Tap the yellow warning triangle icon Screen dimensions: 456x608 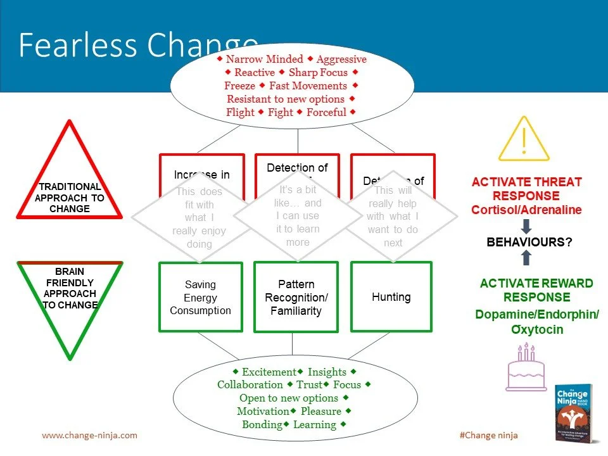[x=523, y=140]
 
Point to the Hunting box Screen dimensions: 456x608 [x=391, y=297]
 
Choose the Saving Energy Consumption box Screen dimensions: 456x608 [x=200, y=298]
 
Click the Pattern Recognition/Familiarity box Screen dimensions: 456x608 [x=296, y=298]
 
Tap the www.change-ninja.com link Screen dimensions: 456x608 [x=89, y=436]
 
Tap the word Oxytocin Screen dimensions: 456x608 [x=537, y=330]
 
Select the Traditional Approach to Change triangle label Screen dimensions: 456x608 [x=70, y=198]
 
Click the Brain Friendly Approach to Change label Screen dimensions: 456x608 [x=70, y=288]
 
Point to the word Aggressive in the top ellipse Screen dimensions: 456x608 [x=341, y=60]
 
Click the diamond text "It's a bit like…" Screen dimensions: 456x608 [x=298, y=196]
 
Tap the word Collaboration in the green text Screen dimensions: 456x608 [x=250, y=385]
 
